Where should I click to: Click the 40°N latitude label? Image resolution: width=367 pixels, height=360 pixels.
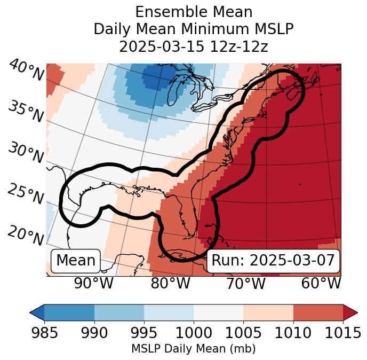coord(26,70)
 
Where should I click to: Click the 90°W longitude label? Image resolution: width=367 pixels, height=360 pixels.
coord(93,283)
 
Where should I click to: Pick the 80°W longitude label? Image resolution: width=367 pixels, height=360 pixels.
coord(170,283)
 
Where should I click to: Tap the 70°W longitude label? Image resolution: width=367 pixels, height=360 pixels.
coord(245,283)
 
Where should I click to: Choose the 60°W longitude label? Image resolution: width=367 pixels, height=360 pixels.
coord(321,283)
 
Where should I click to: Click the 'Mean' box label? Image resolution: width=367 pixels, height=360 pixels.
coord(76,261)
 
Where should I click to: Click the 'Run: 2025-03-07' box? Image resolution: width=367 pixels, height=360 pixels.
coord(273,261)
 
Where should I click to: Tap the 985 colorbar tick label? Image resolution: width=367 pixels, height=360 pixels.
coord(44,333)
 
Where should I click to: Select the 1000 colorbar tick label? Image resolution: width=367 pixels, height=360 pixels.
coord(194,333)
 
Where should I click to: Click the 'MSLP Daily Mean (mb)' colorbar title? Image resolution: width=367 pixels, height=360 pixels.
coord(193,349)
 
